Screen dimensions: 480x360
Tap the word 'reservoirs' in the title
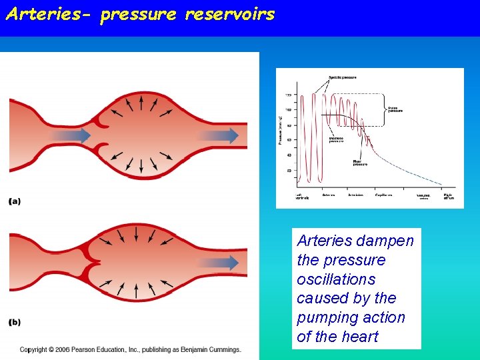[230, 15]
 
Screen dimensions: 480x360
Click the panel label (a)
[15, 201]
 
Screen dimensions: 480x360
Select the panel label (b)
[15, 322]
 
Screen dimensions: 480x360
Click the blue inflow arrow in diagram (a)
[71, 135]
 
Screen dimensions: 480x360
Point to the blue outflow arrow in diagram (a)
[219, 135]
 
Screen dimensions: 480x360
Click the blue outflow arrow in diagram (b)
[219, 262]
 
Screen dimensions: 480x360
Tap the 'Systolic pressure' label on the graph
[342, 78]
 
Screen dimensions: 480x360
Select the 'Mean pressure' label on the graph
[360, 161]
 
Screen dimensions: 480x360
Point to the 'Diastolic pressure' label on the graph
[337, 140]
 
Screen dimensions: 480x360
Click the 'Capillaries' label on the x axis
[383, 195]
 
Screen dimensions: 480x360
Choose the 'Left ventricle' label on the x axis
[303, 197]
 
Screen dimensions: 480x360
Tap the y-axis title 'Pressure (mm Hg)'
[280, 130]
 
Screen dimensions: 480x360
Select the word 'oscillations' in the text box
[336, 279]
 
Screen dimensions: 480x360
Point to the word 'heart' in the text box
[360, 337]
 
